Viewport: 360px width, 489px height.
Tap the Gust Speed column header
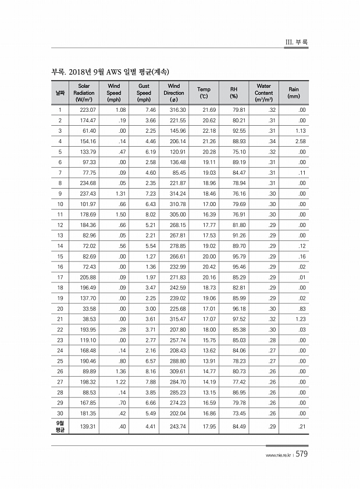coord(144,93)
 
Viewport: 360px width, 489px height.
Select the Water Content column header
coord(263,93)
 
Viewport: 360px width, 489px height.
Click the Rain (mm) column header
coord(294,93)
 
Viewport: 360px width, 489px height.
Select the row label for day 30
coord(60,414)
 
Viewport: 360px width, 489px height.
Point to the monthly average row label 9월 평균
coord(60,427)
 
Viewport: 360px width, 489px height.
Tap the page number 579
coord(301,455)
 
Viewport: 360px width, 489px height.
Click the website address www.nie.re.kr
coord(277,456)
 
